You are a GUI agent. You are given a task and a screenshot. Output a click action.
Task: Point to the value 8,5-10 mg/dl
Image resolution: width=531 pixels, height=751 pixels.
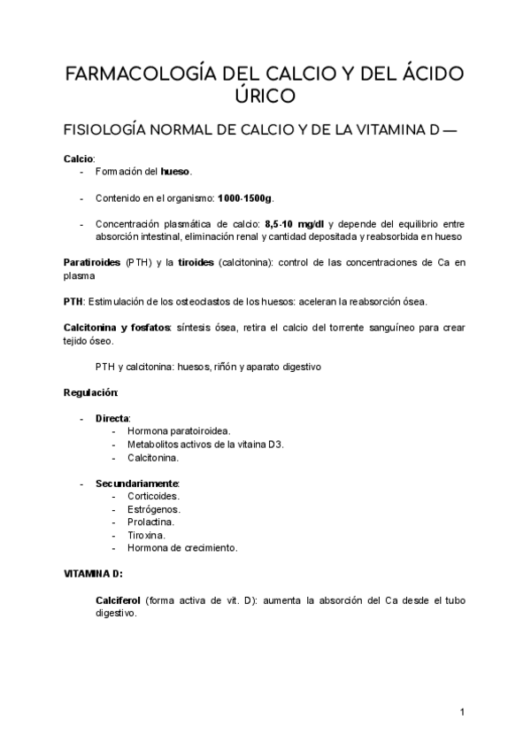coord(294,224)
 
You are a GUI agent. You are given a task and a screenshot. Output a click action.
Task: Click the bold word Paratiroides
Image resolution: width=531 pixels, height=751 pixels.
coord(92,263)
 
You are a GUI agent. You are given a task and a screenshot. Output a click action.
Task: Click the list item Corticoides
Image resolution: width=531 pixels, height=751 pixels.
coord(153,497)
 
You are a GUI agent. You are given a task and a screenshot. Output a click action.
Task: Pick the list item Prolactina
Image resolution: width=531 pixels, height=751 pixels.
coord(151,523)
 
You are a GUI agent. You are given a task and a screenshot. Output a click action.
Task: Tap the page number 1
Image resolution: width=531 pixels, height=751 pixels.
coord(462,713)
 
